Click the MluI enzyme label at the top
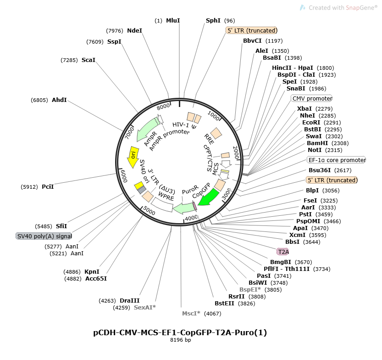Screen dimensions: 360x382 (x=173, y=21)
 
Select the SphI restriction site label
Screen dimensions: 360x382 (x=213, y=21)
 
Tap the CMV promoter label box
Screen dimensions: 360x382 (x=312, y=98)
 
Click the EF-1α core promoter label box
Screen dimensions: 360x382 (x=336, y=160)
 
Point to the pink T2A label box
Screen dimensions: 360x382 (x=283, y=252)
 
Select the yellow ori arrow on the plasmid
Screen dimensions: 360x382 (x=133, y=156)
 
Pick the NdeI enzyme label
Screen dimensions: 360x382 (x=134, y=31)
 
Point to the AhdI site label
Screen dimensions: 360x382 (x=59, y=100)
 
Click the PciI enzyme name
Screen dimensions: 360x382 (x=48, y=186)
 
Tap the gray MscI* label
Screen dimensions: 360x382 (x=192, y=313)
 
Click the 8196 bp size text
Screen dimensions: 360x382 (x=180, y=340)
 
